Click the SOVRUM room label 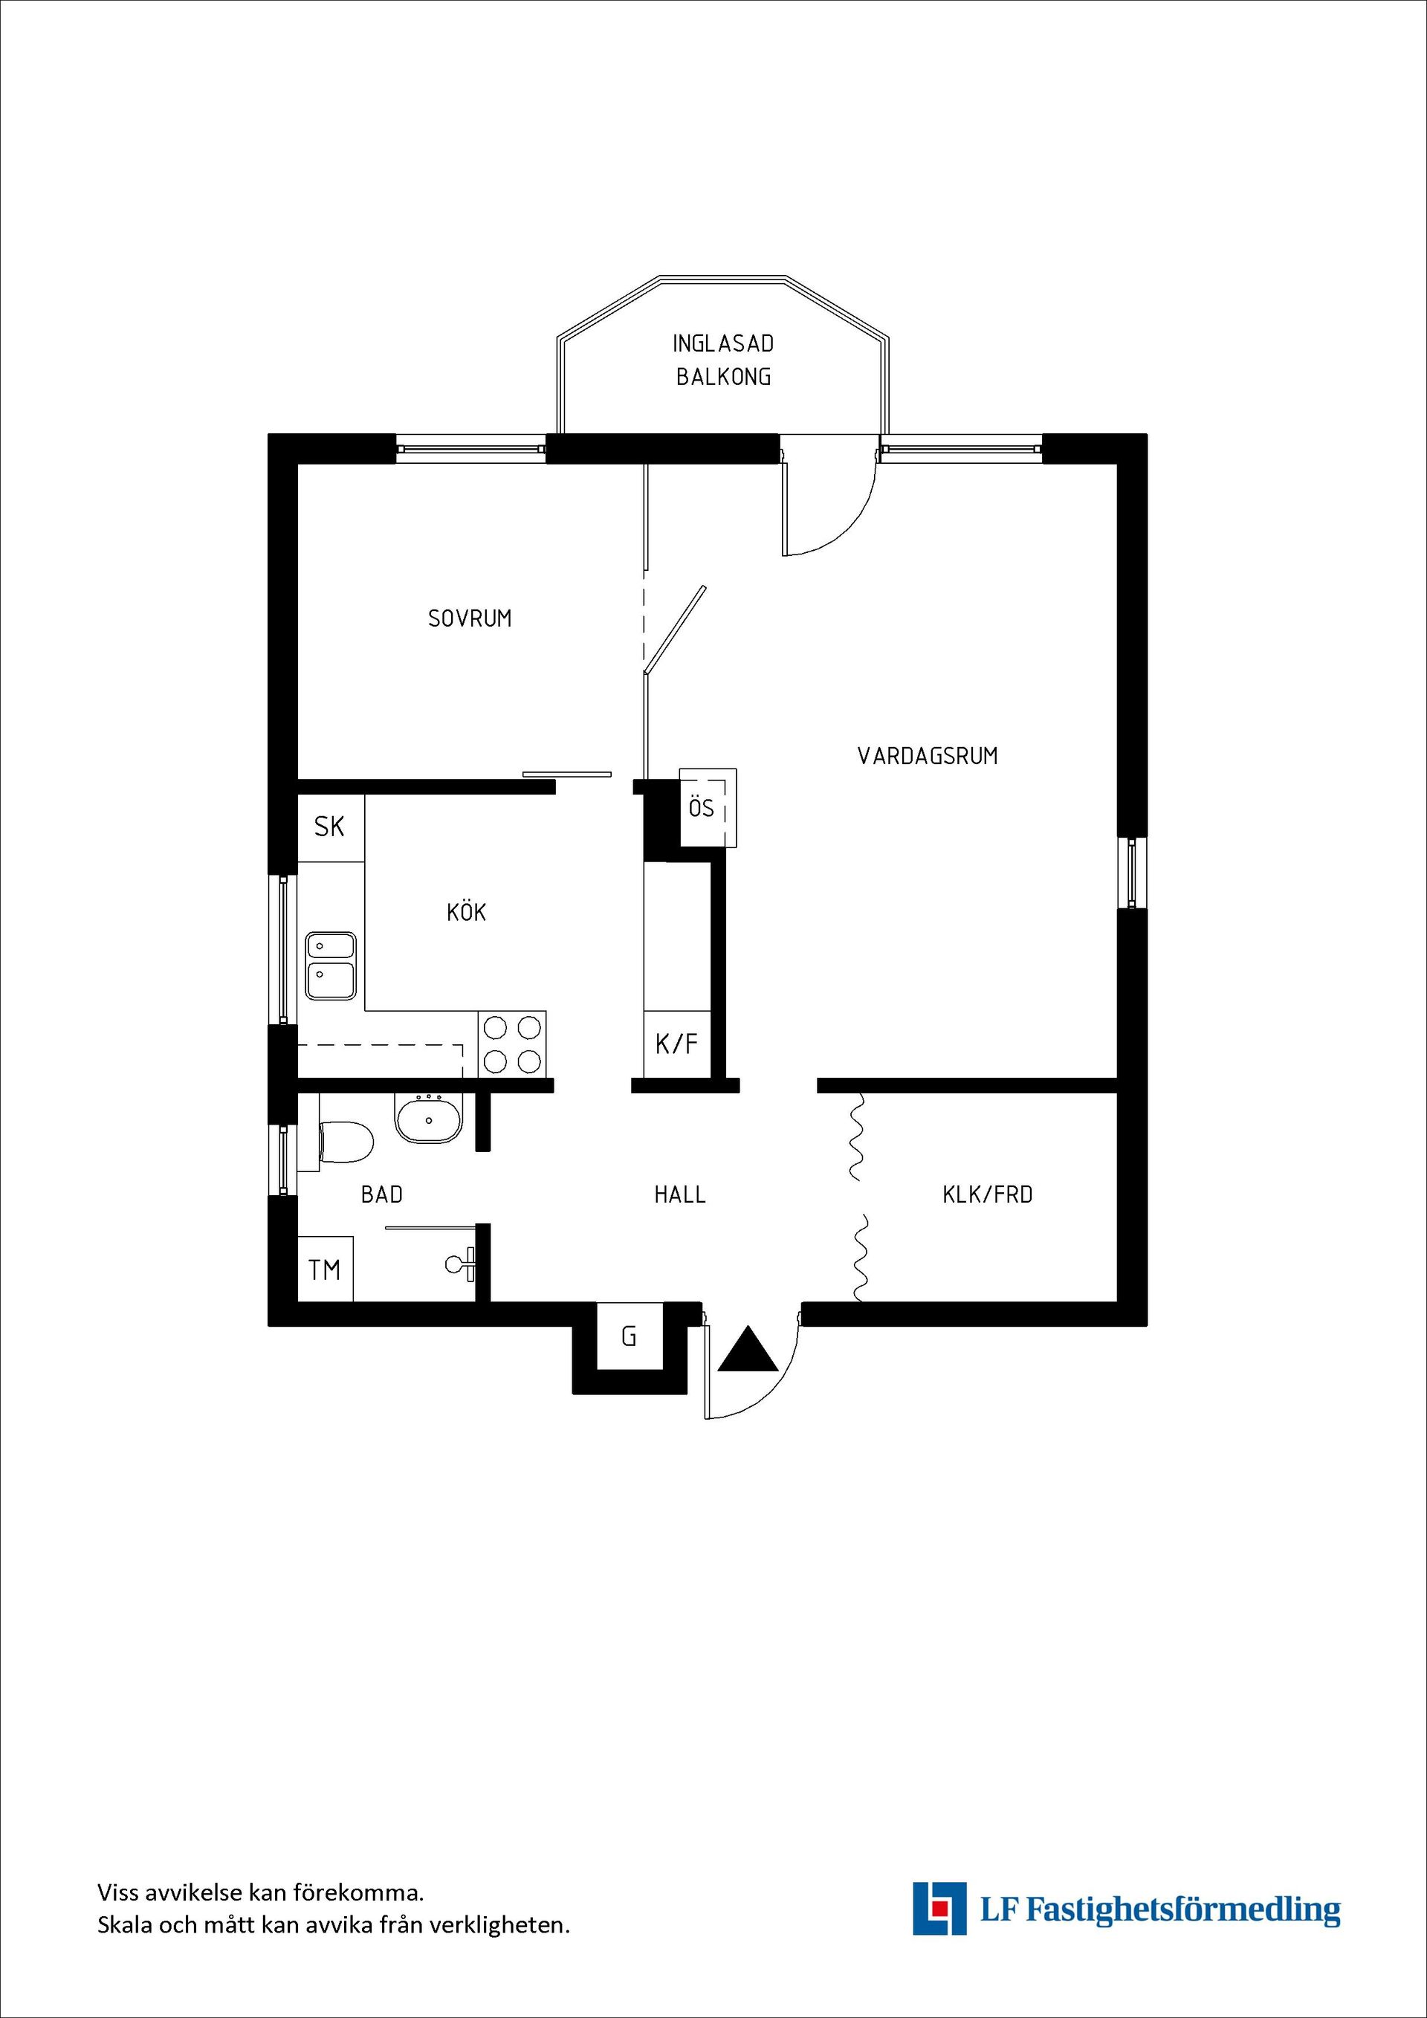coord(469,618)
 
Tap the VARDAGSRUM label coord(927,756)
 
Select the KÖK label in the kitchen coord(466,912)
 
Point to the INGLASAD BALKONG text coord(722,360)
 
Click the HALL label coord(679,1194)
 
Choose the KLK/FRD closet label coord(987,1194)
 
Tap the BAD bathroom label coord(381,1194)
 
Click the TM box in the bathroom coord(324,1270)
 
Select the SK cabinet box coord(329,827)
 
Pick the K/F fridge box coord(676,1044)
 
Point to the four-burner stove coord(512,1044)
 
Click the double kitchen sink coord(331,965)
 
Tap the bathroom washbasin coord(428,1119)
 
